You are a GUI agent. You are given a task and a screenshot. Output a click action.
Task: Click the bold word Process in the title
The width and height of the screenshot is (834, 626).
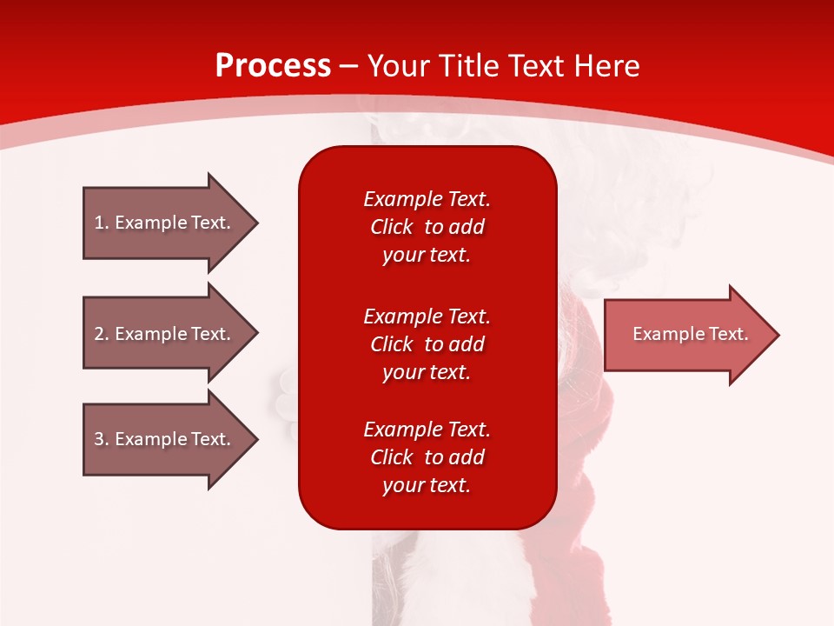coord(273,66)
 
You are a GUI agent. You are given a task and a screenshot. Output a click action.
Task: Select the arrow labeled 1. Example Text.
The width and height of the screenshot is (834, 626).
coord(165,223)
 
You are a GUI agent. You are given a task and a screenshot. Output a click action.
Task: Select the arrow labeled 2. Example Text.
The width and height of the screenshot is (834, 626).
coord(165,334)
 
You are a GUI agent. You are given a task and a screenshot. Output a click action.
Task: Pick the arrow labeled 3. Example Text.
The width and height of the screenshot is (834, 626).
coord(165,439)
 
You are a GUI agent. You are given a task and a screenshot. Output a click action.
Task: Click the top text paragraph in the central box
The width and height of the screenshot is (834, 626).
coord(427,227)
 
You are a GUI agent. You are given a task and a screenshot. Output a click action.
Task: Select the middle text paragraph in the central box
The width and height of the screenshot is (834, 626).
coord(427,344)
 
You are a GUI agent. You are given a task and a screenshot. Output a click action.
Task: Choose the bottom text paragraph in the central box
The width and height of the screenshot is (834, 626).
coord(427,457)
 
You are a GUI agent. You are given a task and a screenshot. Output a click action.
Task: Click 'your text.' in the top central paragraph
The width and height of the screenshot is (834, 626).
coord(427,255)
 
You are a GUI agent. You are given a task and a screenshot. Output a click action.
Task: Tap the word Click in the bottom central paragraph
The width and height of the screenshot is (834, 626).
coord(391,457)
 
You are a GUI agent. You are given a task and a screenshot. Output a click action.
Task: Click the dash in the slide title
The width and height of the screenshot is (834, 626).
coord(348,67)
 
